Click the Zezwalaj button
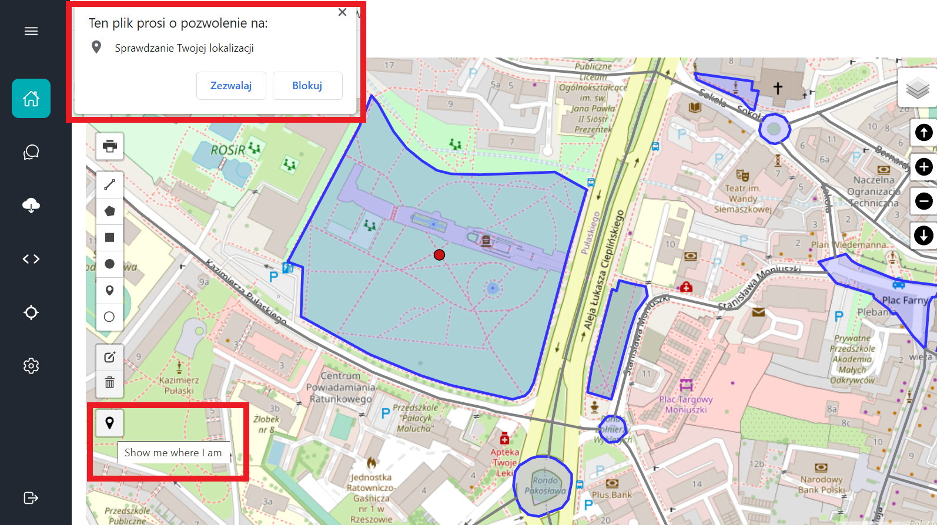coord(231,86)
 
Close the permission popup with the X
coord(342,12)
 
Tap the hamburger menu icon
coord(31,31)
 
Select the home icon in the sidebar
coord(31,99)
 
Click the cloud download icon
coord(31,206)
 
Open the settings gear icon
coord(31,366)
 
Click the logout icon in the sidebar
coord(31,498)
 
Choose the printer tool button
coord(109,146)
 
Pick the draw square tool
coord(109,237)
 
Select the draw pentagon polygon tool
coord(109,211)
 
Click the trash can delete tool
coord(109,383)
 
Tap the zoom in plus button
coord(923,167)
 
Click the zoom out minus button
coord(923,201)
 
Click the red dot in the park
coord(439,255)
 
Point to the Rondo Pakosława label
coord(545,486)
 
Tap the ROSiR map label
coord(228,150)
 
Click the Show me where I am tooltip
coord(173,453)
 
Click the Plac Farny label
coord(905,300)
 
